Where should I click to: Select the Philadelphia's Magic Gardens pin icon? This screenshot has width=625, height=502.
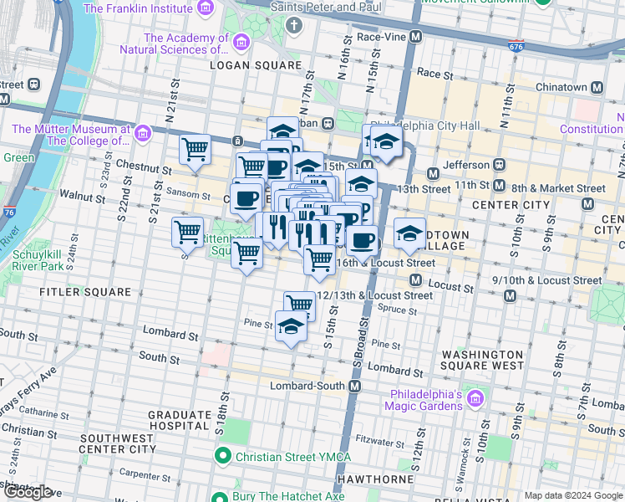click(x=475, y=395)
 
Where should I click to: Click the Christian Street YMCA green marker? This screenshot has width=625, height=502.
click(x=223, y=457)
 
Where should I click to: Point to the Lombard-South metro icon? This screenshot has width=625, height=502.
click(x=355, y=386)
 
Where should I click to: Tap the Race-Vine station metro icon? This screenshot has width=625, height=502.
click(x=415, y=38)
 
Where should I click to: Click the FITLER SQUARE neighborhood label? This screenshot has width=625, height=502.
click(x=85, y=292)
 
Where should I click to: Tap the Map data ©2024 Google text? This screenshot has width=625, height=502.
click(x=573, y=495)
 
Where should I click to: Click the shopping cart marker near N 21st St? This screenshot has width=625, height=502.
click(x=195, y=151)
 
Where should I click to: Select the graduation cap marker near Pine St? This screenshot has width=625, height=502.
click(x=290, y=327)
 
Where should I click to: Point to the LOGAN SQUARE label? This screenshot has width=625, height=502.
click(x=255, y=65)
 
